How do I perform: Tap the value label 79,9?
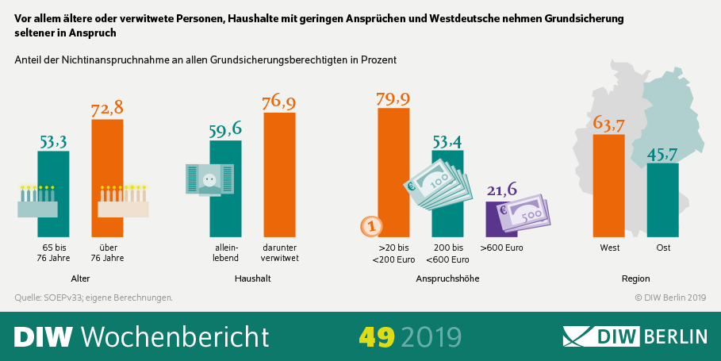point(393,98)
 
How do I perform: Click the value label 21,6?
point(501,190)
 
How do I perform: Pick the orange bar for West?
point(609,186)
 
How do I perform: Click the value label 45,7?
point(662,152)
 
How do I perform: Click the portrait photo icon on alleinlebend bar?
point(209,181)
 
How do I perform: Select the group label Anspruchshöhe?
point(447,279)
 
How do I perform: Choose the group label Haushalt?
point(253,279)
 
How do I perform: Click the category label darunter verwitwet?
point(279,252)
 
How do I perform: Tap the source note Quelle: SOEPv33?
point(94,298)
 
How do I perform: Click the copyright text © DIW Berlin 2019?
point(669,298)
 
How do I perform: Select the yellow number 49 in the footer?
point(376,336)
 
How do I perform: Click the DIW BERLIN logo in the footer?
point(635,336)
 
